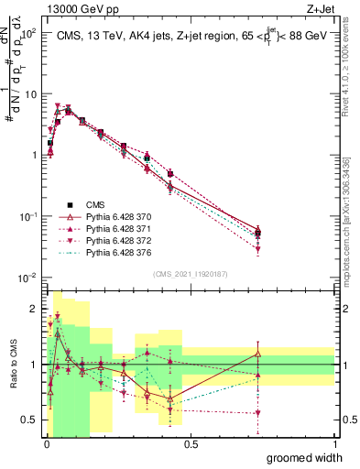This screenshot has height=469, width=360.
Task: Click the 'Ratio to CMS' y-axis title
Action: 12,365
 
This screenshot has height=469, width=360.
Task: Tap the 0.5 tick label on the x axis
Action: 190,444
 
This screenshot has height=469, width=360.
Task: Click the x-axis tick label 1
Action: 334,444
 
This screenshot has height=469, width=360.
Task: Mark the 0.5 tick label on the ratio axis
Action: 30,420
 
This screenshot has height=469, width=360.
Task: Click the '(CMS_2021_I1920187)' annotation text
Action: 190,273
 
